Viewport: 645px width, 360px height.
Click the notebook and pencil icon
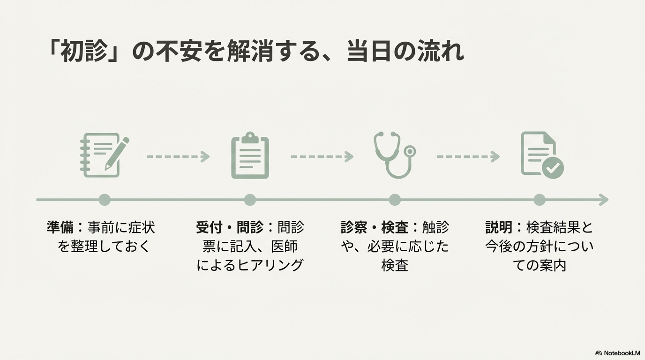coord(104,155)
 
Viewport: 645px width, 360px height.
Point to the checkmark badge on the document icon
coord(553,168)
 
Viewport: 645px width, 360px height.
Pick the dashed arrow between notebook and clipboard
coord(178,157)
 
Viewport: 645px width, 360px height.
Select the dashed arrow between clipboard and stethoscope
coord(322,157)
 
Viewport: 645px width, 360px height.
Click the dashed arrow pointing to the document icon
coord(468,157)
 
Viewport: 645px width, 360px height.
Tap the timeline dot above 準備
coord(105,200)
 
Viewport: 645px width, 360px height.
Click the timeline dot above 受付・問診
coord(250,200)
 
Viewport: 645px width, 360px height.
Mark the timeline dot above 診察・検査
coord(395,200)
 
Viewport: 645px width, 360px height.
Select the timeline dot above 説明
coord(540,200)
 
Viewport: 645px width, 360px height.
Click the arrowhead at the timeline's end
coord(604,200)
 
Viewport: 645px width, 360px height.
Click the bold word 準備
coord(60,228)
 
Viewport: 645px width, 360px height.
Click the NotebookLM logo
coord(617,353)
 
